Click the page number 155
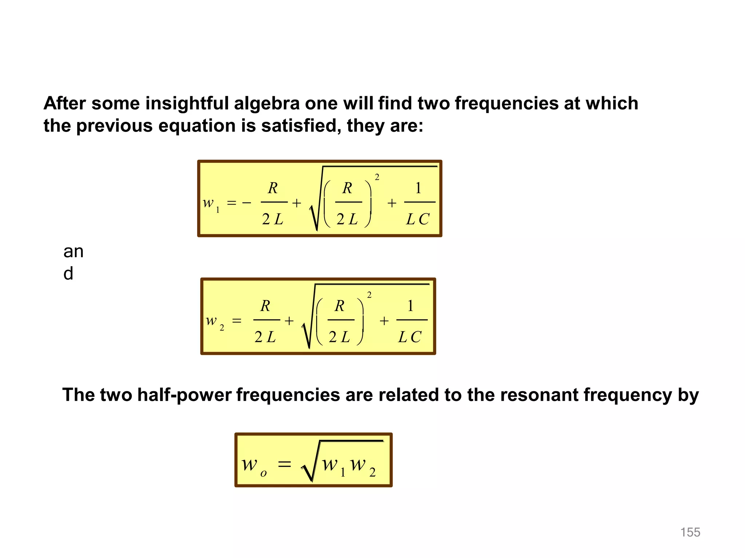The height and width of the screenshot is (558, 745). point(690,532)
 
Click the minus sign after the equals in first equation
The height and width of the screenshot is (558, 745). point(247,203)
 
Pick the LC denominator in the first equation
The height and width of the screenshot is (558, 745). point(418,219)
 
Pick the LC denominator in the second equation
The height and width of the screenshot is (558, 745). point(410,337)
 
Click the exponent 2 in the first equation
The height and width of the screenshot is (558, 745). point(377,177)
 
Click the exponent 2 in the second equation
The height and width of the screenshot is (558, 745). point(369,295)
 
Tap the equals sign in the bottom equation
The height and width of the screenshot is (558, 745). point(284,464)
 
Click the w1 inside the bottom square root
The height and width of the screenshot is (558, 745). point(334,465)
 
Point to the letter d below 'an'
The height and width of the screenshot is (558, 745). point(68,273)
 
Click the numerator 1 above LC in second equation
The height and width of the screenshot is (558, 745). point(410,306)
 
